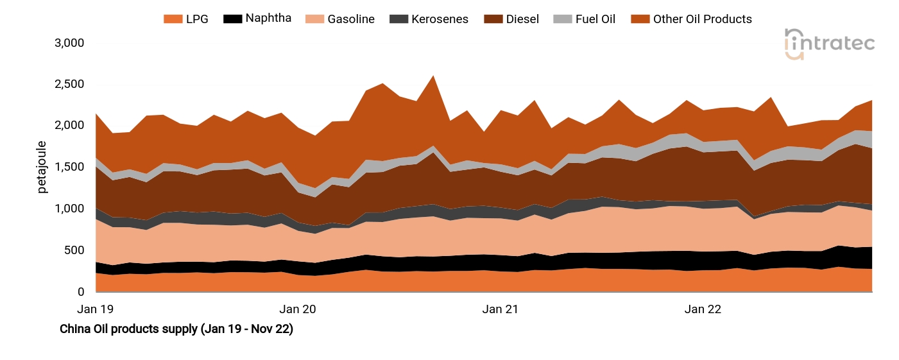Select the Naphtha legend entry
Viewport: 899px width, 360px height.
[x=268, y=18]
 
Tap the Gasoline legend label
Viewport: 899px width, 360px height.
[x=350, y=19]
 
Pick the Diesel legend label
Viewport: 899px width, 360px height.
[x=522, y=19]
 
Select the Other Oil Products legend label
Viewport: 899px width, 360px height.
[x=702, y=19]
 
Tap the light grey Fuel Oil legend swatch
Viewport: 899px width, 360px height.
[x=561, y=19]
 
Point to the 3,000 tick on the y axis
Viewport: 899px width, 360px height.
[x=69, y=43]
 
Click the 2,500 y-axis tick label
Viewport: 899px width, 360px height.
[x=69, y=85]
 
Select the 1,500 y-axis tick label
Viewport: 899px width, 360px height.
[x=69, y=167]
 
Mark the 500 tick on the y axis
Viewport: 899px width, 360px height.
[x=75, y=250]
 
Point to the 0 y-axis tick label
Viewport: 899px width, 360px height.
[x=81, y=292]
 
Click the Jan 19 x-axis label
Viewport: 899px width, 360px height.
[x=95, y=309]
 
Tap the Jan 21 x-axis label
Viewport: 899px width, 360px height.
[x=500, y=309]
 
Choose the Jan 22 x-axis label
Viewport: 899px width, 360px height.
[x=703, y=309]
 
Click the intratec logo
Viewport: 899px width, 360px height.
[x=829, y=44]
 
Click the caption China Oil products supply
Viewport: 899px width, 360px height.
[x=176, y=329]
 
